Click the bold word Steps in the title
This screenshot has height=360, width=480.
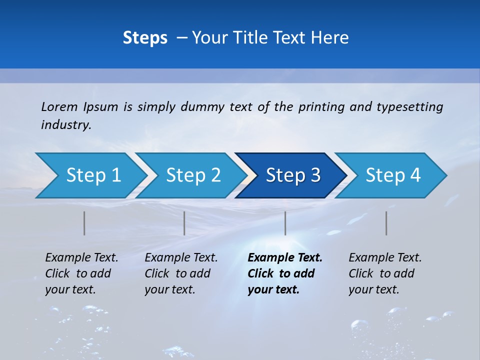click(x=145, y=38)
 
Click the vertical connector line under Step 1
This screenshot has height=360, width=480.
click(x=84, y=223)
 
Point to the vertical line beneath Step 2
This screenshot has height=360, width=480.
click(x=184, y=223)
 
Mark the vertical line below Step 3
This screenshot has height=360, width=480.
click(x=285, y=223)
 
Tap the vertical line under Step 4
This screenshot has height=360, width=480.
click(x=386, y=223)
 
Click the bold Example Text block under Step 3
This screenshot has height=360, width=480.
click(x=285, y=273)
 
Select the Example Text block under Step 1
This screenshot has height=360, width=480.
click(x=81, y=273)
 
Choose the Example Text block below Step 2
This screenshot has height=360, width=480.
click(x=181, y=273)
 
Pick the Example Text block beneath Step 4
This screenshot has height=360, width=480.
click(x=385, y=273)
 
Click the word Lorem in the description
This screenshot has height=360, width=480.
click(x=59, y=106)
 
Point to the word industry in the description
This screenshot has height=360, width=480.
click(x=66, y=124)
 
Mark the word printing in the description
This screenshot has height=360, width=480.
click(x=319, y=107)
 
